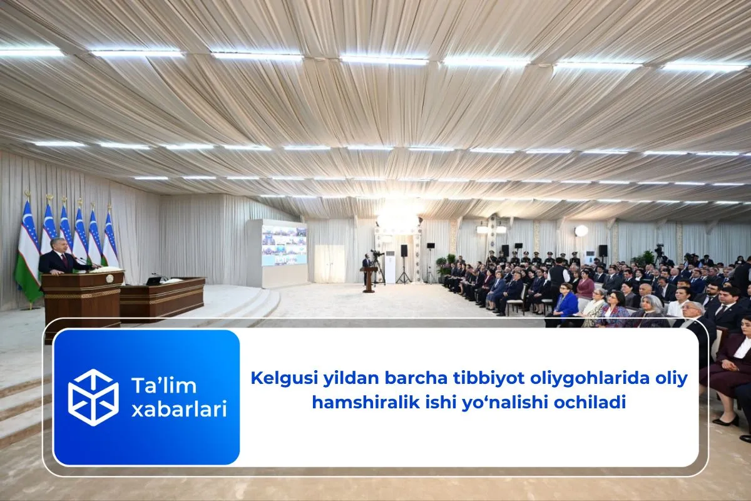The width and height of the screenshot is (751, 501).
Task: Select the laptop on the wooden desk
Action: point(153,281)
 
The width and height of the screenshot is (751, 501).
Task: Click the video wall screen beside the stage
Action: point(284,245)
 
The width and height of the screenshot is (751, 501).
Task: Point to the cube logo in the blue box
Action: point(93,397)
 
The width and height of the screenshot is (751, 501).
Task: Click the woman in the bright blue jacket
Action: point(566,304)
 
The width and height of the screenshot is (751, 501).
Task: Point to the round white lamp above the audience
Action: point(581,230)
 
